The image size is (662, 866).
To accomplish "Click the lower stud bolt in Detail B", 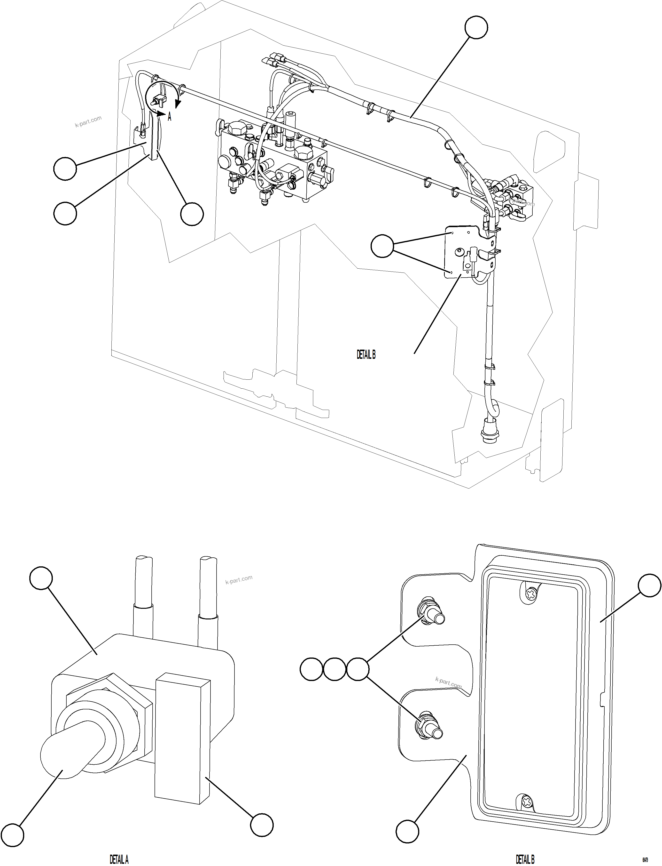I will (x=430, y=731).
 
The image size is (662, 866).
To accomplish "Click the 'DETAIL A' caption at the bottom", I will (x=119, y=857).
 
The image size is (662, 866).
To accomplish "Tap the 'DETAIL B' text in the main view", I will (x=366, y=355).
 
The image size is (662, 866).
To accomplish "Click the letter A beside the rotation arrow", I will (x=170, y=117).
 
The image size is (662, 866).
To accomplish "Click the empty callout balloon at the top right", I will (x=476, y=28).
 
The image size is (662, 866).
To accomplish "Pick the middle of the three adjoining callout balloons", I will (x=334, y=669).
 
